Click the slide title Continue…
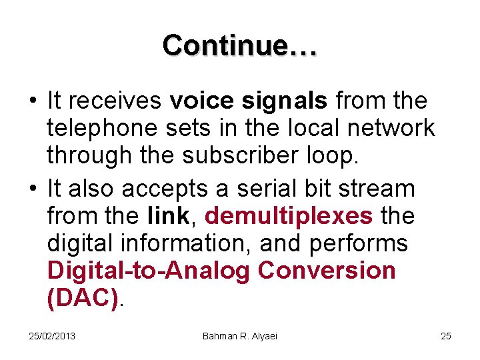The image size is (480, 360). point(240,45)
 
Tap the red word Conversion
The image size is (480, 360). point(327,271)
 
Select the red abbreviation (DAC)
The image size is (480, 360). point(84,298)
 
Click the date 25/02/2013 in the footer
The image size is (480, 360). point(52,336)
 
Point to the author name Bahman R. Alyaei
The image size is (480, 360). point(240,336)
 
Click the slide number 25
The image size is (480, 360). point(446,336)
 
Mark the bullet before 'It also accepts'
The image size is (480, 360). point(32,189)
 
